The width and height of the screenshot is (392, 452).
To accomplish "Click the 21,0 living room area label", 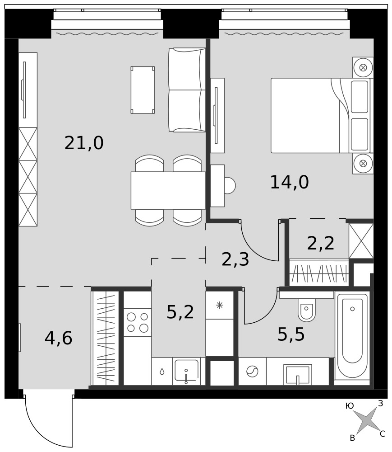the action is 84,143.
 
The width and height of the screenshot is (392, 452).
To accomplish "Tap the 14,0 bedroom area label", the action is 289,182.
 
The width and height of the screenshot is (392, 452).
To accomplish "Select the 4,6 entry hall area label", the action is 58,338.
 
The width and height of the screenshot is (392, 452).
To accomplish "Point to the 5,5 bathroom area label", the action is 291,334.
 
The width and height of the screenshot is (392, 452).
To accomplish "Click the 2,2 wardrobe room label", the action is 321,243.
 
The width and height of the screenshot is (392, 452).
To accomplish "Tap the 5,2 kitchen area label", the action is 180,312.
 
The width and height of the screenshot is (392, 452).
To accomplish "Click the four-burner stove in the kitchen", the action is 138,322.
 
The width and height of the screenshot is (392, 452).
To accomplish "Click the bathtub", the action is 352,335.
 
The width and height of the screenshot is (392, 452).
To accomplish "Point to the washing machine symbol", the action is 252,371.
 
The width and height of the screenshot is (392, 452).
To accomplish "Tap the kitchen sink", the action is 186,371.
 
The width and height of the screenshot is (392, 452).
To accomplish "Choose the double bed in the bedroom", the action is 321,115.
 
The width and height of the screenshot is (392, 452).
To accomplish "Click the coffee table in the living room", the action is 143,90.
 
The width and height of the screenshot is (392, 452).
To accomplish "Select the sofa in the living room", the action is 187,90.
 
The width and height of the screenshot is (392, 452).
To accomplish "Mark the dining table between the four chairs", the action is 168,190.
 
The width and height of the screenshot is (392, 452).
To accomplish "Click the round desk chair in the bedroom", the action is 230,185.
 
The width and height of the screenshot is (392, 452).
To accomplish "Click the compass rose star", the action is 365,421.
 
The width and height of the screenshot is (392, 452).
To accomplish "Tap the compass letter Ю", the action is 350,406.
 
